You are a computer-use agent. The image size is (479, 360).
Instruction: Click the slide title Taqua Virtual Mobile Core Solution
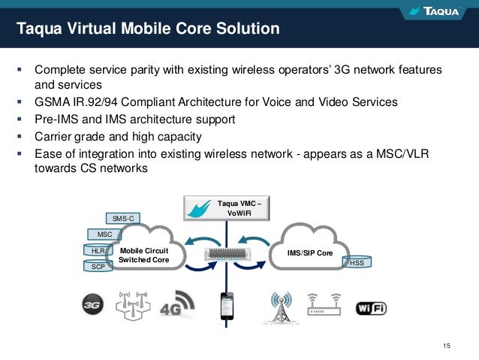click(x=149, y=30)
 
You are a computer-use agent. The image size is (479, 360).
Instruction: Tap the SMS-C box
click(x=122, y=218)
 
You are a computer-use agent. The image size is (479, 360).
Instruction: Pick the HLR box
click(x=98, y=250)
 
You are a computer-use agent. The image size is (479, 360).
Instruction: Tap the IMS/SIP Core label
click(x=310, y=253)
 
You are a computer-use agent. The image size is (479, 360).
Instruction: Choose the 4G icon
click(x=176, y=304)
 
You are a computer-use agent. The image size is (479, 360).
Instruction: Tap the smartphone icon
click(x=225, y=306)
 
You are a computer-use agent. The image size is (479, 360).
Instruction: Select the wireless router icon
click(x=323, y=304)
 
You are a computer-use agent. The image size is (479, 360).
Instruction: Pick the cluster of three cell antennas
click(x=133, y=304)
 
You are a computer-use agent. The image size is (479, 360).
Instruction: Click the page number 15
click(x=447, y=345)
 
